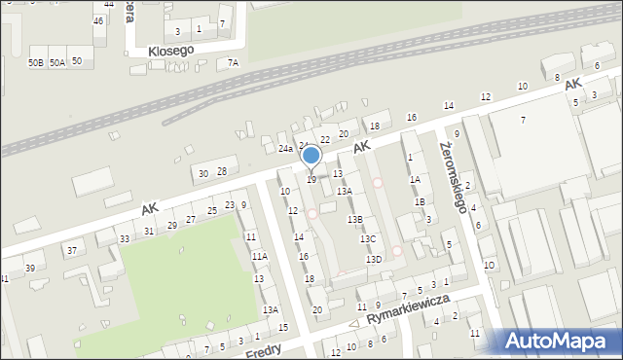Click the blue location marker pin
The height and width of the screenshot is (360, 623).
click(x=311, y=156)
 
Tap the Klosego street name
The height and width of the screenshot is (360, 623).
click(x=172, y=49)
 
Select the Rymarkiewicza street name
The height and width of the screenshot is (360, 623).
click(x=408, y=312)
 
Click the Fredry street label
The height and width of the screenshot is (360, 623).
click(x=264, y=348)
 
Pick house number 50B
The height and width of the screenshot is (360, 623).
click(x=36, y=62)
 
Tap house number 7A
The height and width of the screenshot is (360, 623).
click(x=233, y=63)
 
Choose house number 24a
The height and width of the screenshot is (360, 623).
click(x=285, y=149)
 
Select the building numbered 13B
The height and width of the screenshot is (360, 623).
click(x=355, y=220)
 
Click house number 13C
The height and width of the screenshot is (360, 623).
click(x=367, y=238)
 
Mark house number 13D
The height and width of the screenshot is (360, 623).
click(x=374, y=260)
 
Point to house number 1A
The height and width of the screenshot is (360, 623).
click(x=415, y=179)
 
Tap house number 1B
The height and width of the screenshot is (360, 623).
click(x=420, y=201)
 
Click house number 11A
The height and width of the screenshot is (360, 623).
click(x=259, y=256)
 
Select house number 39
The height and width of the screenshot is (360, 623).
click(x=30, y=268)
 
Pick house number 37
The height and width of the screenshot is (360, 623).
click(x=71, y=250)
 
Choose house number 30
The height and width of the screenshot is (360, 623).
click(x=203, y=173)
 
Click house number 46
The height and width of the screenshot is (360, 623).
click(x=98, y=20)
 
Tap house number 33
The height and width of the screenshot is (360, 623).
click(x=124, y=238)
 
